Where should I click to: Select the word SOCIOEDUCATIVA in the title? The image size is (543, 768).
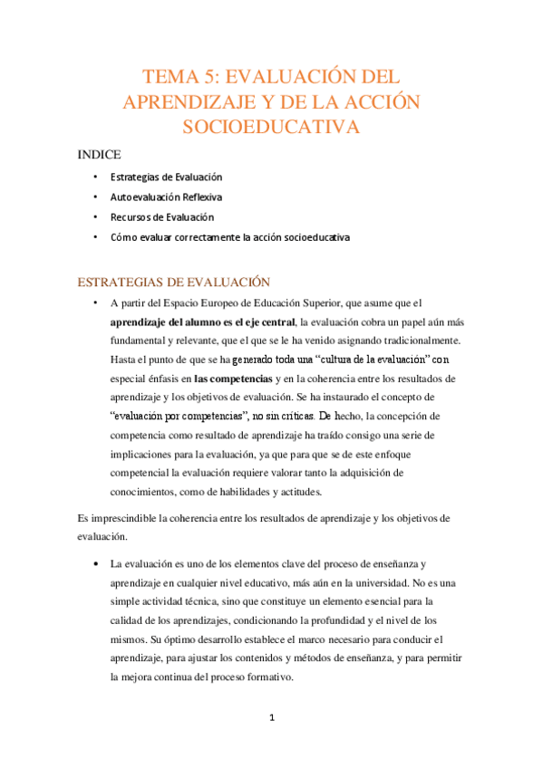pos(271,126)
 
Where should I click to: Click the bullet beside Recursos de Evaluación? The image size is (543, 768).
pos(95,217)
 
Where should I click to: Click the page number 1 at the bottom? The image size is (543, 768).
pos(271,718)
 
